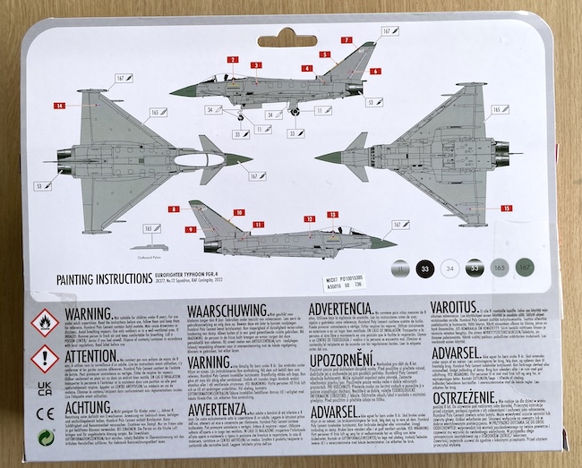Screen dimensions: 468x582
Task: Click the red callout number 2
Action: point(232,60)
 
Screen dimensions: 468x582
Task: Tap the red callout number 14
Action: point(60,106)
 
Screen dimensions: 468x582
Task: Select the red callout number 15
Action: point(508,208)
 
